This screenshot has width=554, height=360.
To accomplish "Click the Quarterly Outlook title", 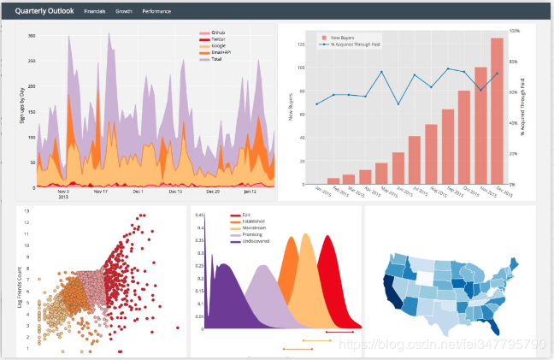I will tap(44, 10).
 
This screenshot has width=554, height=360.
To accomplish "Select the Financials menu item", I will tap(95, 11).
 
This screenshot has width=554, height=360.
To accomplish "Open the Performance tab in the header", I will tap(156, 11).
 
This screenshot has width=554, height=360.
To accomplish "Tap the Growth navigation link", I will tap(124, 11).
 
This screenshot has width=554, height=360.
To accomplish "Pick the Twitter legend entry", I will tap(218, 39).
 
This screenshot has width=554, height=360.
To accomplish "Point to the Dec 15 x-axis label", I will tap(175, 192).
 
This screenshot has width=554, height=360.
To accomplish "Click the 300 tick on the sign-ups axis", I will tap(32, 36).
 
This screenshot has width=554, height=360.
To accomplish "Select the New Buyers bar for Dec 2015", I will tap(497, 111).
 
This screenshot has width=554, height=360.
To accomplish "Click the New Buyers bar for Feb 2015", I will tap(334, 180).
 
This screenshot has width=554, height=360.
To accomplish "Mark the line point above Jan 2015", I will tap(317, 104).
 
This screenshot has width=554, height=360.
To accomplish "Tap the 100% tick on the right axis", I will tap(515, 31).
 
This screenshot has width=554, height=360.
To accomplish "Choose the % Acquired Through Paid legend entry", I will tap(351, 44).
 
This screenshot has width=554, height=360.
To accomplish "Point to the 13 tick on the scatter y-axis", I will tap(27, 210).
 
